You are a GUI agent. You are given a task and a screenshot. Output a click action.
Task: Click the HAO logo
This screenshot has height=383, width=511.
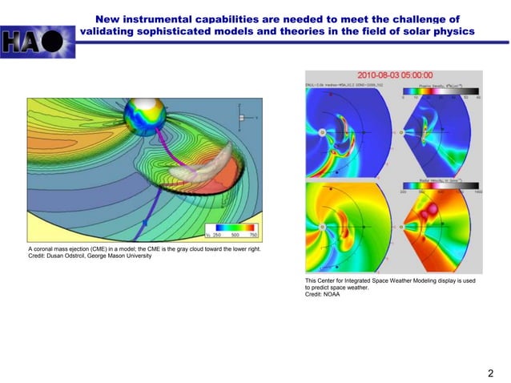pos(38,38)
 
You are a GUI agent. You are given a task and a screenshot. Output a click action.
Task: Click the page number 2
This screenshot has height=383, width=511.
pos(490,373)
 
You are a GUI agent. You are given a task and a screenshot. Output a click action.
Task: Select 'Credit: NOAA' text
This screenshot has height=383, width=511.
pos(323,295)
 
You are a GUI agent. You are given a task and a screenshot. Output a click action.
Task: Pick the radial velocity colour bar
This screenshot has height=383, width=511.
pos(441,187)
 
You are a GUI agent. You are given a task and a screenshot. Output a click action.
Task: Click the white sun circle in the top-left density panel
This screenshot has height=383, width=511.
pos(322,131)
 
